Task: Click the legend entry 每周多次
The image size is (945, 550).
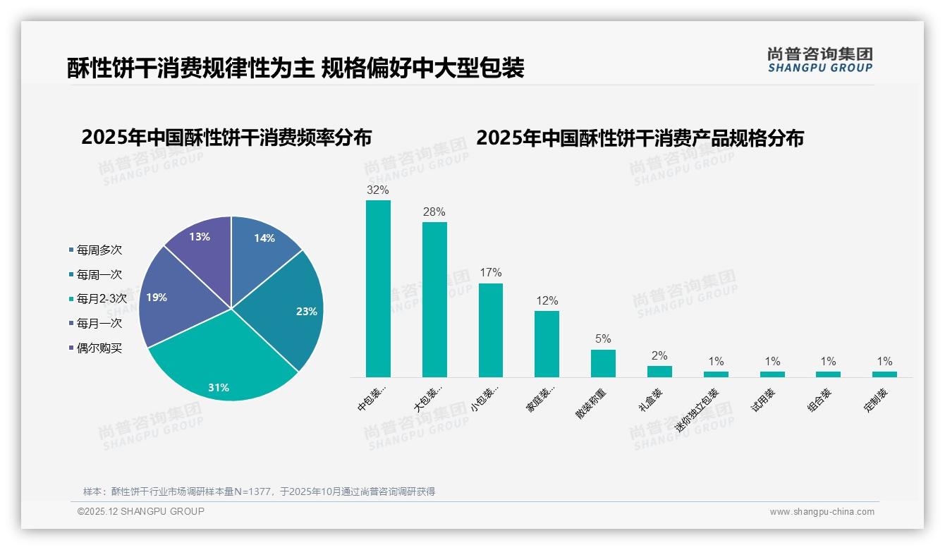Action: (99, 250)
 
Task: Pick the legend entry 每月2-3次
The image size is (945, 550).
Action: (102, 298)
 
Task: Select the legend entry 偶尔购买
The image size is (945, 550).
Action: (99, 348)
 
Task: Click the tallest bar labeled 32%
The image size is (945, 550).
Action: (378, 288)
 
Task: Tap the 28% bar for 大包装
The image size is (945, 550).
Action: (434, 300)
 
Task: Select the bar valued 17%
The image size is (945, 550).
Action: (491, 330)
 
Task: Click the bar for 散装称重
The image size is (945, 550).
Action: (603, 363)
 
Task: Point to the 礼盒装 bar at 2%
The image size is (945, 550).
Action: (659, 371)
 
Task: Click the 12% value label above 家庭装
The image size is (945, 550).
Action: (547, 301)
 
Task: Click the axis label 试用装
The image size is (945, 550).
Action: (763, 400)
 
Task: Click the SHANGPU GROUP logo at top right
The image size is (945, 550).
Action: (819, 60)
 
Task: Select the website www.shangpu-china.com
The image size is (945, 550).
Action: (822, 512)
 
